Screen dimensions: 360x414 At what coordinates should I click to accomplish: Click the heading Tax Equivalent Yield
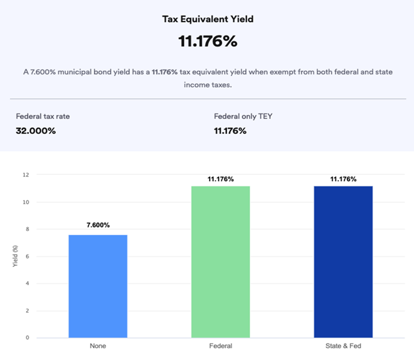207,19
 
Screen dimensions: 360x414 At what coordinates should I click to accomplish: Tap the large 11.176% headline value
208,41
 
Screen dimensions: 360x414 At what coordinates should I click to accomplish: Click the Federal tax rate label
43,117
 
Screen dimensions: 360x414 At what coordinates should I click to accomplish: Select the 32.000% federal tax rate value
36,130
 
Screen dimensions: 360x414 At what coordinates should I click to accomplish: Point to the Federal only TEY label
243,117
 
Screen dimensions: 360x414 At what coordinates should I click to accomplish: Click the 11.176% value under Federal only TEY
230,130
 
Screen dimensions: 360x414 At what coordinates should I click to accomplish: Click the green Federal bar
220,262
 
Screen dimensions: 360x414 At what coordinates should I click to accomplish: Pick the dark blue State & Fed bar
343,262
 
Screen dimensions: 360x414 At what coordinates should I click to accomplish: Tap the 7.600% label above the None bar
98,225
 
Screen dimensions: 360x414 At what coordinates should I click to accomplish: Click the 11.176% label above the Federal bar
220,179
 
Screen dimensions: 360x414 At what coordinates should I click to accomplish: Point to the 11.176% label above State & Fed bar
343,179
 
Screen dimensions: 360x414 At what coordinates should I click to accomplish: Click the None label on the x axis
98,345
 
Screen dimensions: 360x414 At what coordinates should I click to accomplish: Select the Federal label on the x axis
220,345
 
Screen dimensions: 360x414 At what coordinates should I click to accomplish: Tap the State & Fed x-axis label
343,345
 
